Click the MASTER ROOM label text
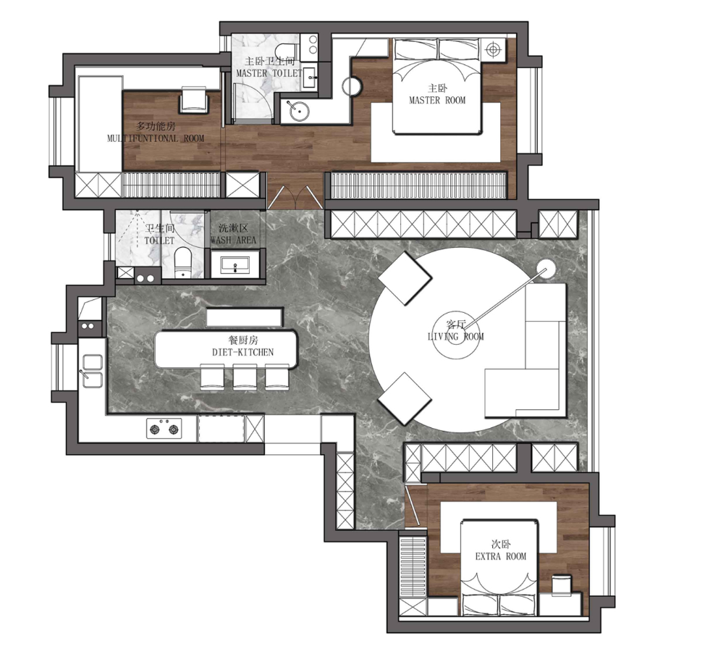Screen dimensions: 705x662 tap(437, 101)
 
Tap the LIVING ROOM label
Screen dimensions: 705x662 tap(455, 336)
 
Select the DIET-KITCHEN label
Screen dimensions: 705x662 tap(242, 352)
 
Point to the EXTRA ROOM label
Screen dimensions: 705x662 tap(500, 556)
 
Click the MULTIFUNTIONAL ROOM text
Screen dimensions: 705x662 tap(156, 138)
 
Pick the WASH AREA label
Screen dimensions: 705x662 tap(233, 240)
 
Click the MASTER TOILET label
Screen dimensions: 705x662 tap(269, 73)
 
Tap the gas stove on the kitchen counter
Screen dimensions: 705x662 tap(164, 429)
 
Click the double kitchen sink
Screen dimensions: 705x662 tap(92, 372)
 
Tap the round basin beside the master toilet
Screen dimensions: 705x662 tap(298, 111)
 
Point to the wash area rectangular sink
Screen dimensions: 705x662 tap(235, 265)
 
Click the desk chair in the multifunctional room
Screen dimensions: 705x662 tap(194, 100)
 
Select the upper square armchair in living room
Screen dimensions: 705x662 tap(405, 278)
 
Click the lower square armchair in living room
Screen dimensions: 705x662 tap(405, 399)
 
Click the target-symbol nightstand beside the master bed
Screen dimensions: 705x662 tap(493, 49)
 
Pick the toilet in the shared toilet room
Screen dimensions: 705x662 tap(182, 262)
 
